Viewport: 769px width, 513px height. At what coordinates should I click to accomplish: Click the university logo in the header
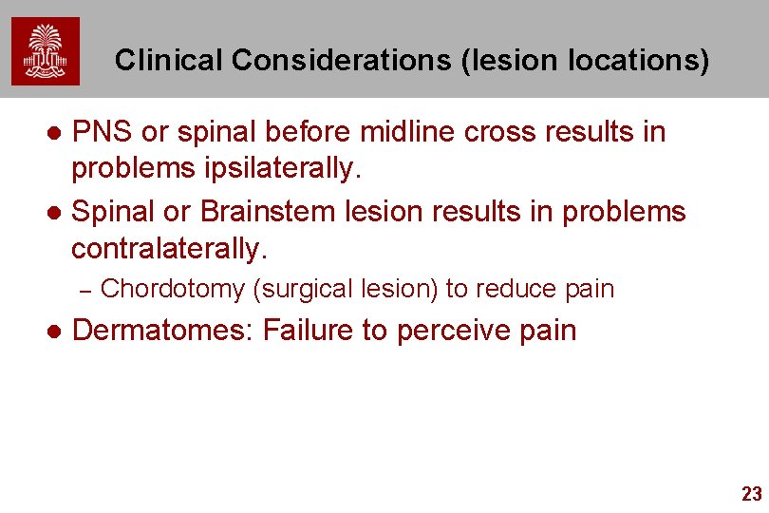coord(46,51)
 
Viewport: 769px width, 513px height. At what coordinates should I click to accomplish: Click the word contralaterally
coord(170,249)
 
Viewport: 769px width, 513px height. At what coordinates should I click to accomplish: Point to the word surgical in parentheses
coord(300,289)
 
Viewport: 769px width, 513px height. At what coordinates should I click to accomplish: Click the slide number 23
coord(751,494)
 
